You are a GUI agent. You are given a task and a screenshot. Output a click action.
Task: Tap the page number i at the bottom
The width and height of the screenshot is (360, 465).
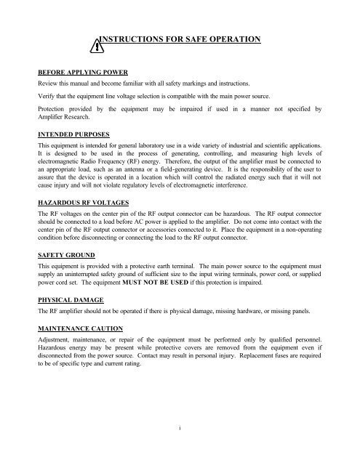[x=179, y=429]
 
